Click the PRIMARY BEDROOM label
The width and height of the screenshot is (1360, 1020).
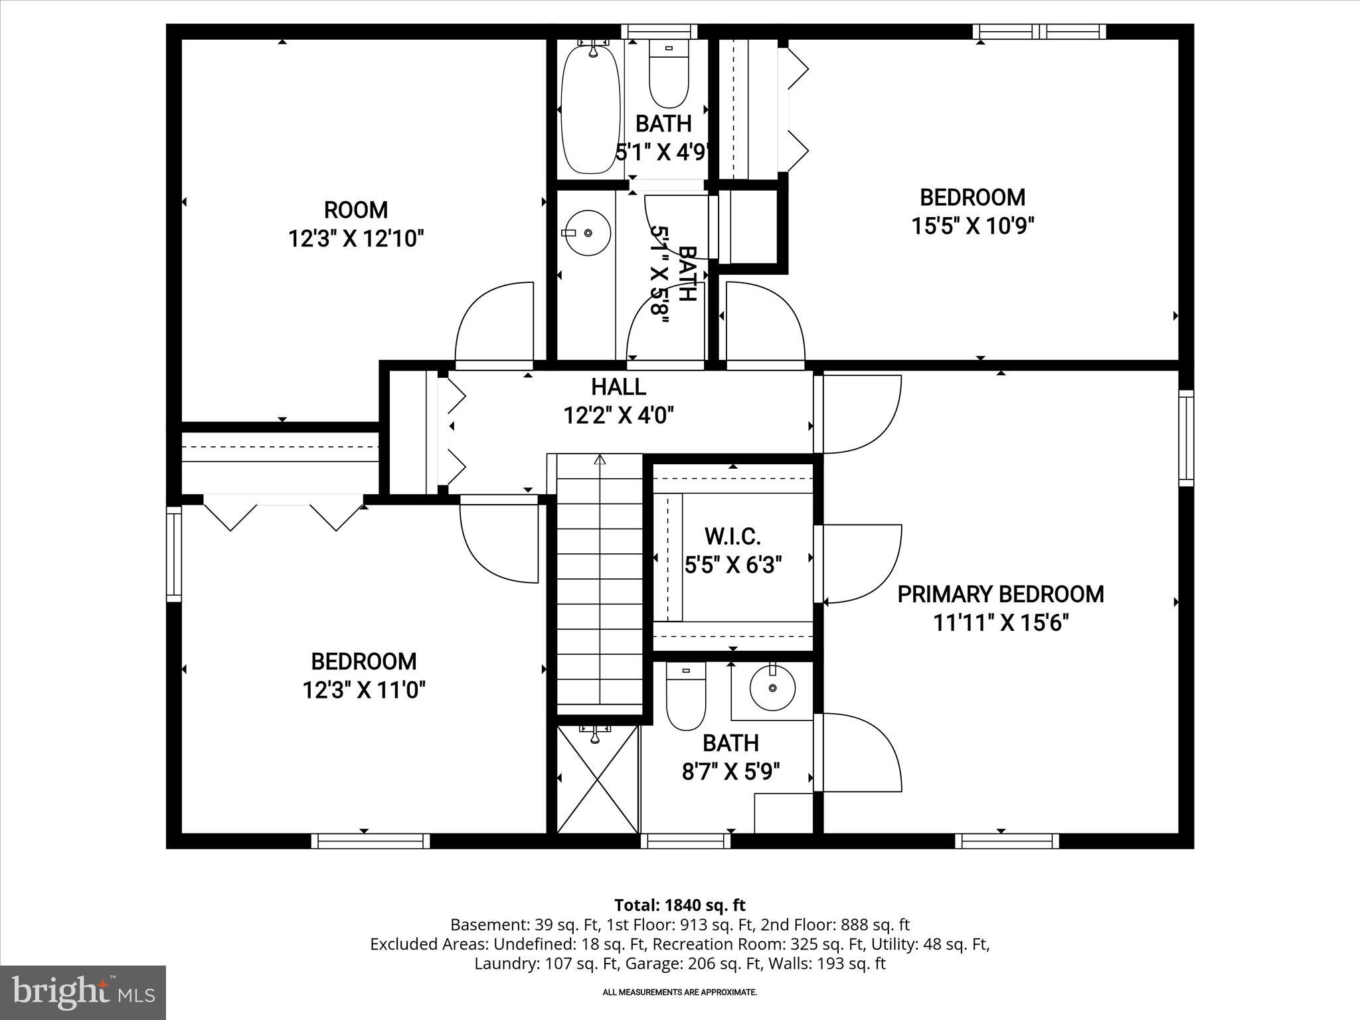click(1000, 594)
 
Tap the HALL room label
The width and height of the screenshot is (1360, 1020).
click(618, 386)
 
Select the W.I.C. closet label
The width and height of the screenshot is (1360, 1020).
click(732, 536)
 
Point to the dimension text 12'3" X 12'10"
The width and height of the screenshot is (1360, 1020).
click(356, 238)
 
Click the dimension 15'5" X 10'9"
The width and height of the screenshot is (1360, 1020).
click(972, 226)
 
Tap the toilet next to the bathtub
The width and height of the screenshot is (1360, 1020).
click(669, 76)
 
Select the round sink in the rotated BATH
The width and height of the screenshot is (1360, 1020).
click(588, 232)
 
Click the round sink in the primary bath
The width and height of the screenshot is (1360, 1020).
click(772, 689)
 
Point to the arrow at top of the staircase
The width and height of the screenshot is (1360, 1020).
click(600, 460)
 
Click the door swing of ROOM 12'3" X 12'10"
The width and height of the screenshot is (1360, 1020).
click(495, 325)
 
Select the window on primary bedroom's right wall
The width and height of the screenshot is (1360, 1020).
click(1186, 438)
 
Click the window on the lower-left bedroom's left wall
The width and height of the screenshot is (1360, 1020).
click(173, 552)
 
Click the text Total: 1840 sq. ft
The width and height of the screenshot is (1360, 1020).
click(679, 905)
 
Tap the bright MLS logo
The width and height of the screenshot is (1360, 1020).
click(83, 992)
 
